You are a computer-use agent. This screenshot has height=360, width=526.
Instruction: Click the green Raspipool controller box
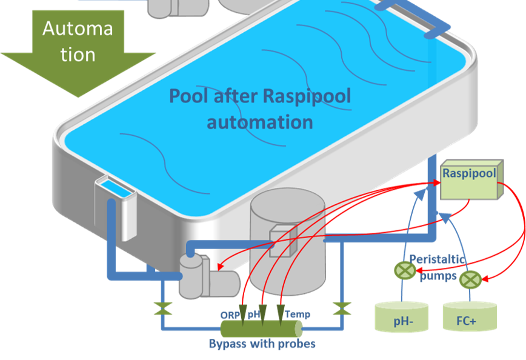[x=470, y=181]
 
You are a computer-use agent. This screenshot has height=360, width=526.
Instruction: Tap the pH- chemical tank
[x=401, y=319]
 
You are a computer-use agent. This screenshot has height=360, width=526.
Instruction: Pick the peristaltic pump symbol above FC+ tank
[x=470, y=279]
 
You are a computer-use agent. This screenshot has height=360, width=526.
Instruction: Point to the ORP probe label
[x=230, y=315]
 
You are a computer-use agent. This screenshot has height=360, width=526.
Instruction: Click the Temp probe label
[x=298, y=314]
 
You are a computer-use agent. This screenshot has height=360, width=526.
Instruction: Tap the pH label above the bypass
[x=253, y=315]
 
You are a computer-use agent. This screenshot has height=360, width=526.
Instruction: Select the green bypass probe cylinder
[x=261, y=329]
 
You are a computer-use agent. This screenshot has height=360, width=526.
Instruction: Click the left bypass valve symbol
[x=161, y=308]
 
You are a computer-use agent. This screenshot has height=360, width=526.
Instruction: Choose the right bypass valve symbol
[x=342, y=308]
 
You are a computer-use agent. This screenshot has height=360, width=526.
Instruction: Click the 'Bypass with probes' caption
[x=262, y=344]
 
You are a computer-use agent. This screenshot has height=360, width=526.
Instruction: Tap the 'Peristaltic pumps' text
[x=438, y=267]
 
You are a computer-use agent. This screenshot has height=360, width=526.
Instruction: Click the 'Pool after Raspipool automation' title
[x=260, y=109]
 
